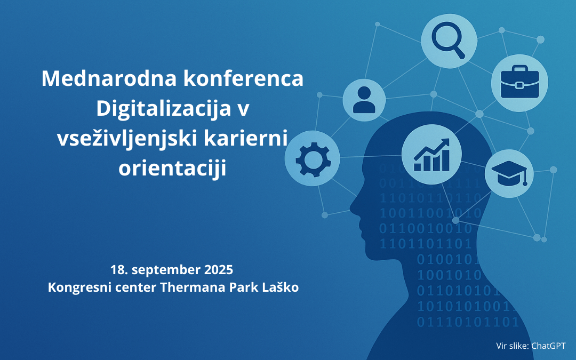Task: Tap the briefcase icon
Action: coord(519,82)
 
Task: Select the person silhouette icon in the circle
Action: coord(364,100)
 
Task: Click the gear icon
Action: coord(313,159)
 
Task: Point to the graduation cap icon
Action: coord(509,173)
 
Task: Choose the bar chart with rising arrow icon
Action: coord(431,155)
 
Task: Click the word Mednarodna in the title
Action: coord(109,78)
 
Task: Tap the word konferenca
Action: coord(243,78)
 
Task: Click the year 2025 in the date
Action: coord(218,270)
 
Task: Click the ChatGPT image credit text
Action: coord(548,346)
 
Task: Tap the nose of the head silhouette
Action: coord(352,208)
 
